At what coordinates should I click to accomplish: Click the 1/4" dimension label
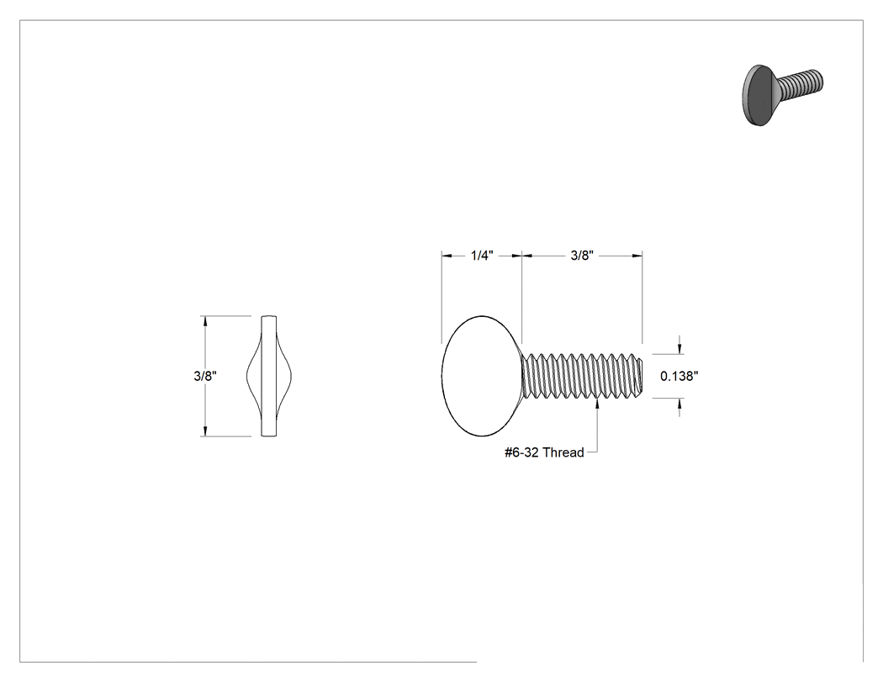coord(482,256)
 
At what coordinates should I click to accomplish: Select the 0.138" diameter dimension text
coord(679,376)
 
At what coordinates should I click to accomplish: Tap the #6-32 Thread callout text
coord(544,452)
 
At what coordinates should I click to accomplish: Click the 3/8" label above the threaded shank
coord(582,256)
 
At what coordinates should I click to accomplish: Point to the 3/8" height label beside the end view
coord(205,376)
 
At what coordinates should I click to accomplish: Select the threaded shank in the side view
coord(582,376)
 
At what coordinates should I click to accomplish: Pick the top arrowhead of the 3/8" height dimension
coord(205,321)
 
